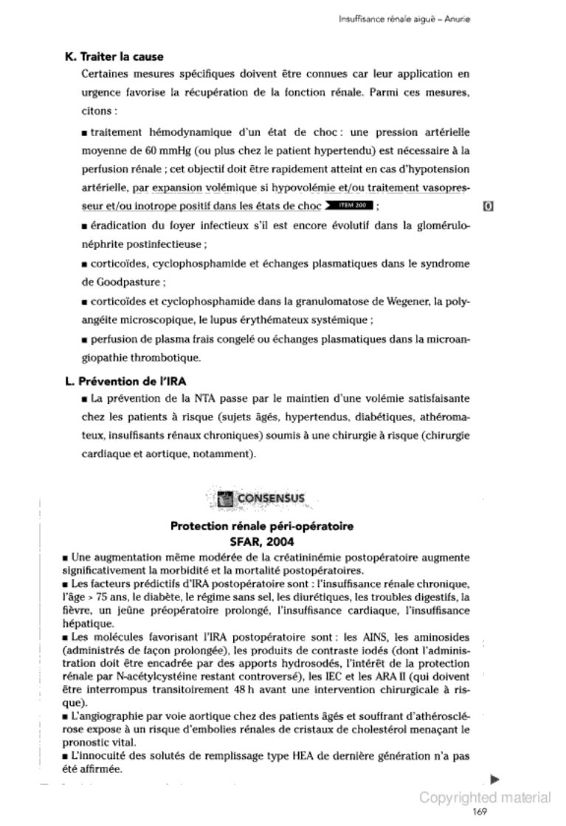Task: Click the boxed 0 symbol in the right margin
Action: click(488, 205)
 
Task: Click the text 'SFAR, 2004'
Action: click(262, 542)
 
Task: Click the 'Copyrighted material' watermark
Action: click(485, 797)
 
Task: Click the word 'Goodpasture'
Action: click(134, 282)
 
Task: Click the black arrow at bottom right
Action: click(495, 778)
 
